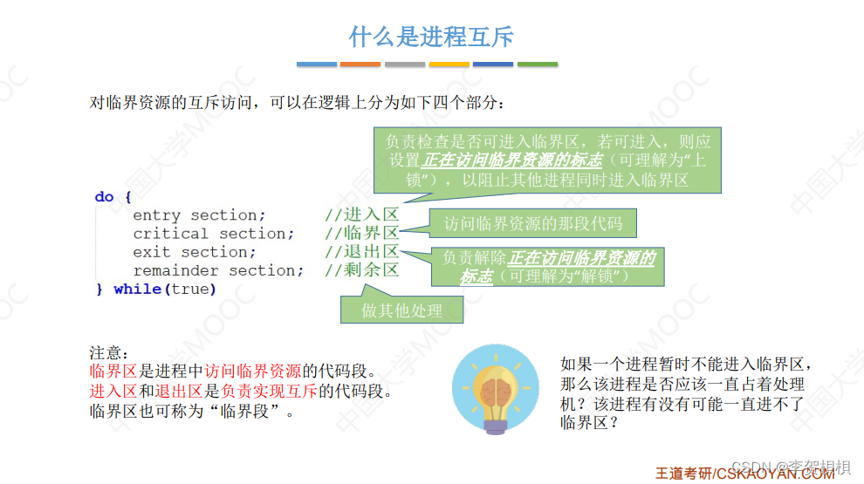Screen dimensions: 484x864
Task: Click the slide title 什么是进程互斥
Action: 431,37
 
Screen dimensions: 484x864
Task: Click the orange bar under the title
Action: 360,64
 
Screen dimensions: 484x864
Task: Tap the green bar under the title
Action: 538,64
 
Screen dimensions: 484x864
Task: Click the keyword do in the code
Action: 105,197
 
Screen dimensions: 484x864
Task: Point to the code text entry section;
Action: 199,215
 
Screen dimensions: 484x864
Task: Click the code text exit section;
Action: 195,252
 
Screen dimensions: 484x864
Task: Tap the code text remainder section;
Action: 218,270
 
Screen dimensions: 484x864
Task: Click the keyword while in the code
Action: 137,289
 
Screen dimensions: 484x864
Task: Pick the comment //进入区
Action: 361,215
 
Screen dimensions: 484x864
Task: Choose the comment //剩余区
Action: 361,270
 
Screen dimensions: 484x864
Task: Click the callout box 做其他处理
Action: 401,310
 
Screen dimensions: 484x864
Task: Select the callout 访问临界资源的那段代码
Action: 532,224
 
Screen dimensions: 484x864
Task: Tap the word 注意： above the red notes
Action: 109,353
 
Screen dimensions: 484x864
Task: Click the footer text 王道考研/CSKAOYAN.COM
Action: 744,474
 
